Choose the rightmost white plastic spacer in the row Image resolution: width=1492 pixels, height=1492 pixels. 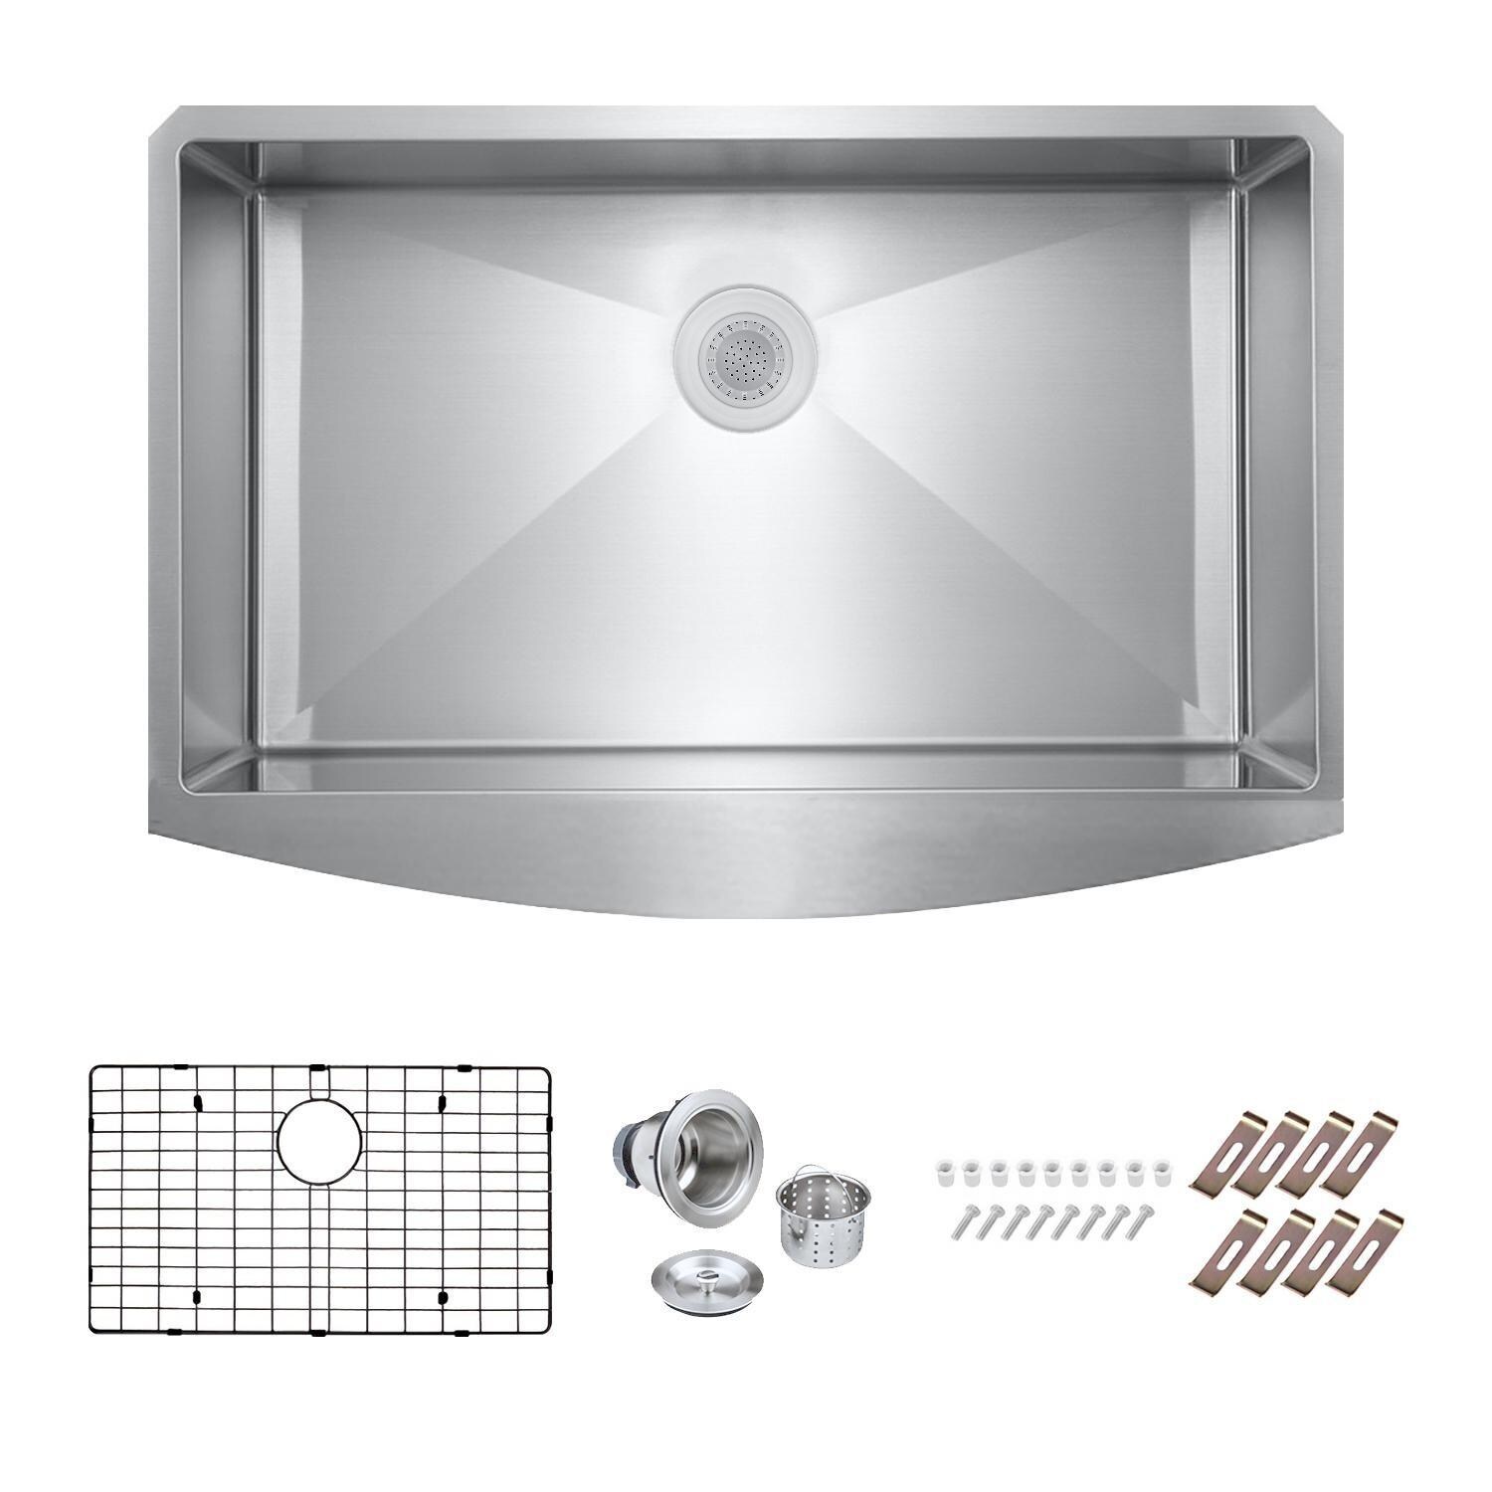point(1159,1167)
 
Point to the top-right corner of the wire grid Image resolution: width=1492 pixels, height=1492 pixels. point(546,1070)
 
